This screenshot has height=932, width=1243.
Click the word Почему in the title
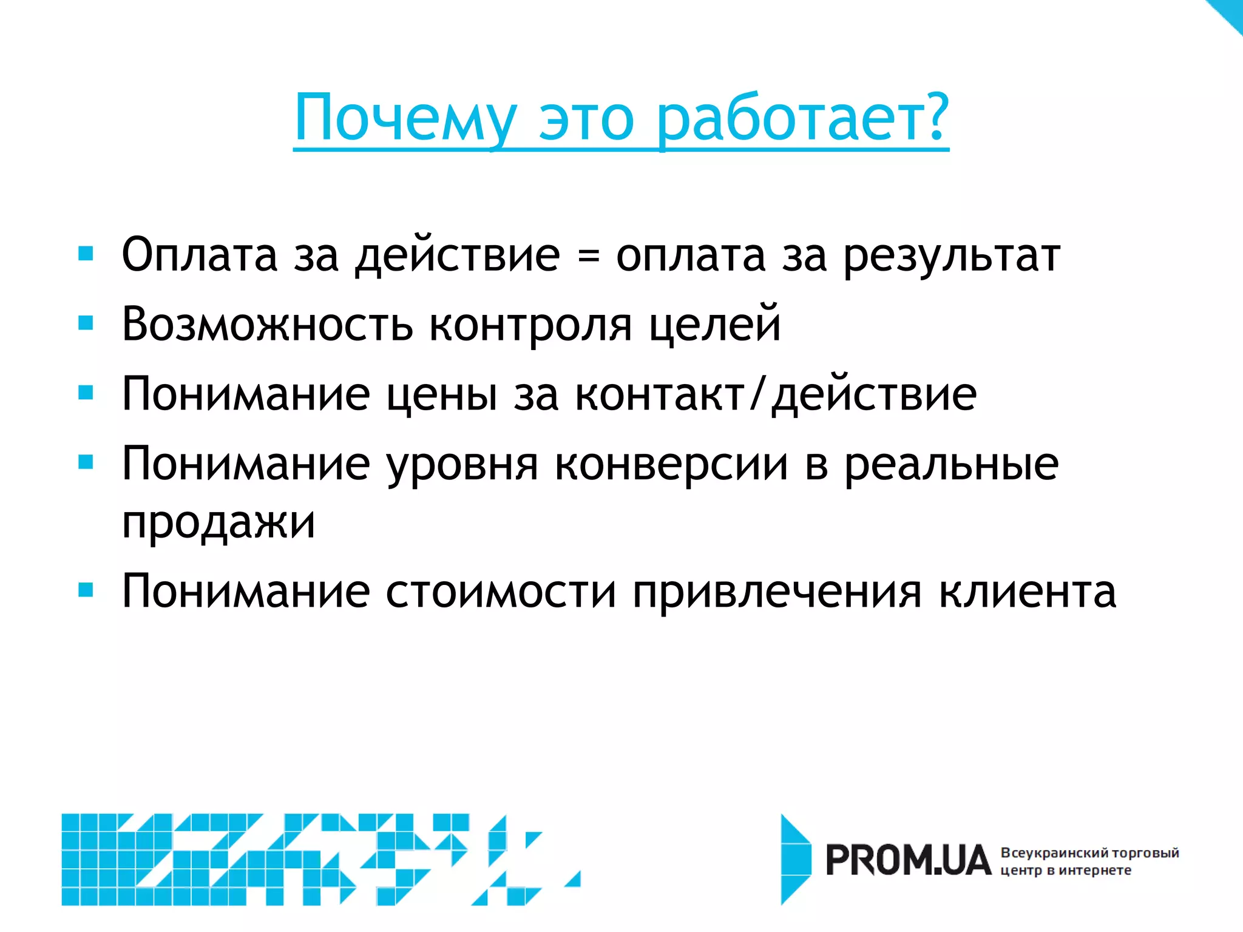[405, 119]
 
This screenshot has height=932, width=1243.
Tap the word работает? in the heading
[802, 119]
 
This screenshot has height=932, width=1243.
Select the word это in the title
[586, 119]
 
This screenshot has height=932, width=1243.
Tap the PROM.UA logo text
[907, 860]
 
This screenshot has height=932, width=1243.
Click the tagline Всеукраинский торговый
[1089, 853]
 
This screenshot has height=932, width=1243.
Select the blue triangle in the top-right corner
[1229, 12]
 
